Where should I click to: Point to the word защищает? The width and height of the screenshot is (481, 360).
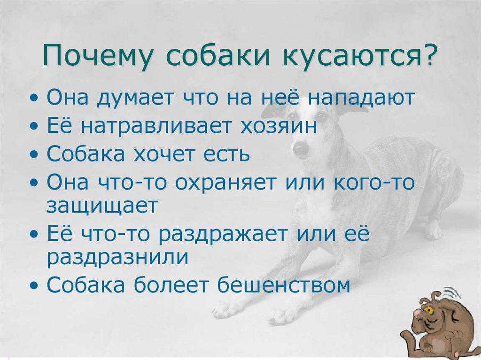101,206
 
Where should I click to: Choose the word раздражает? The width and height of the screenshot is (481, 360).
221,234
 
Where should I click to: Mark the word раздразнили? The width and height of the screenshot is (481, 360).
117,257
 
